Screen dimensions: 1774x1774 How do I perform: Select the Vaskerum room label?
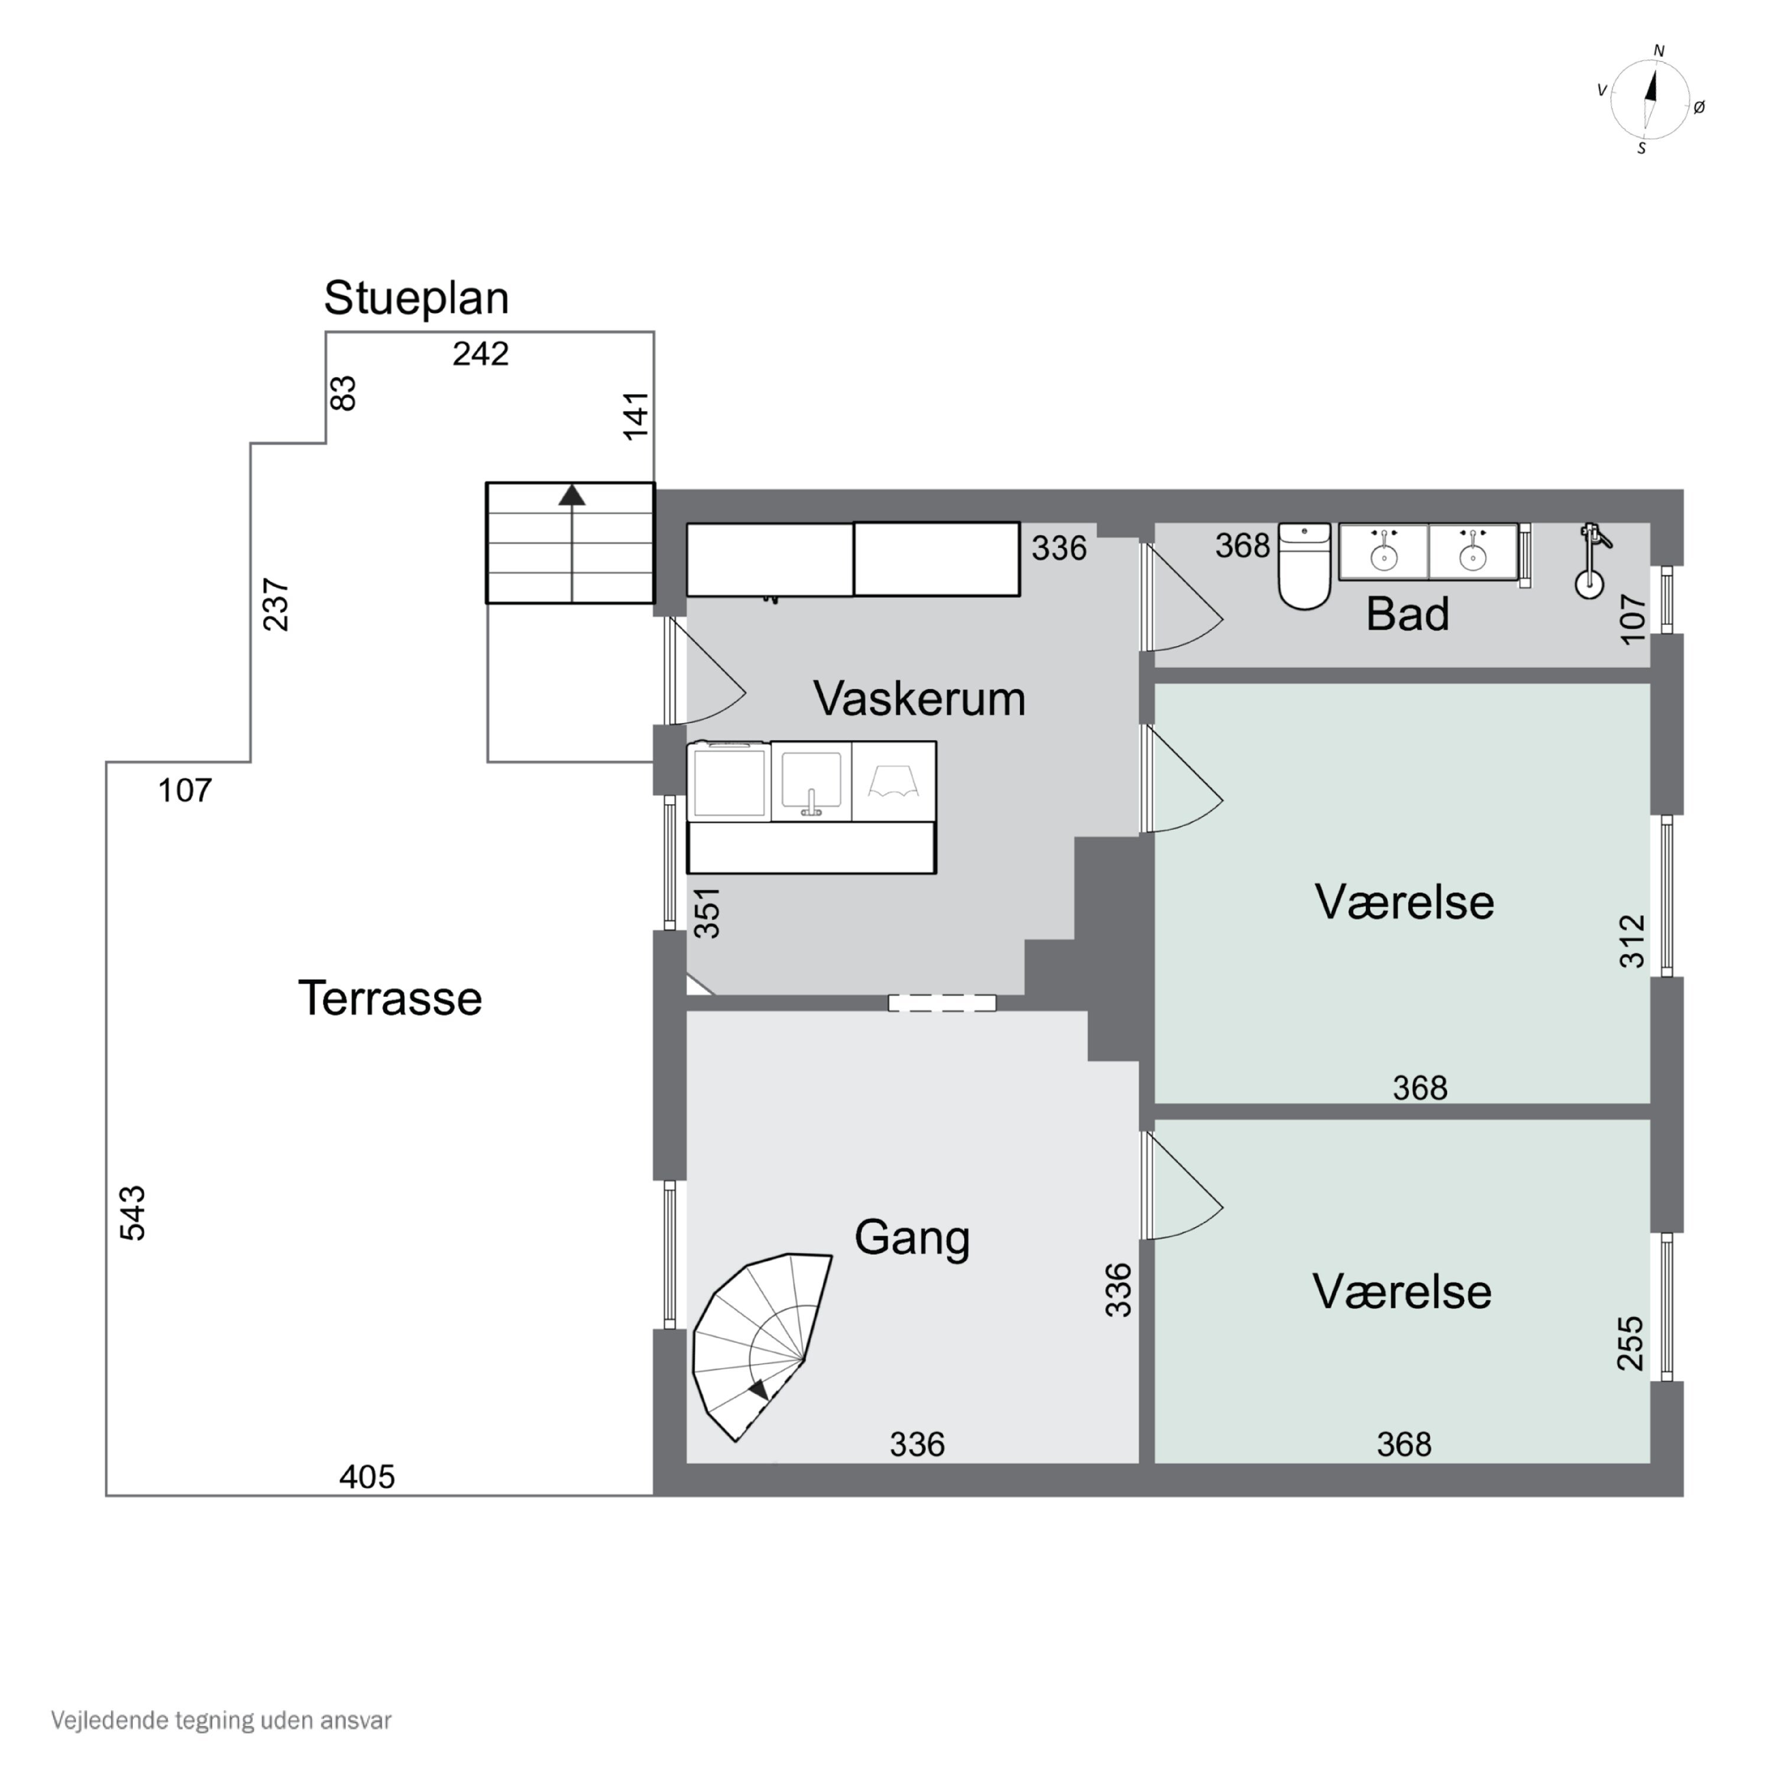point(919,699)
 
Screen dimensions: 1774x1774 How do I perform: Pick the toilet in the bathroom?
point(1304,566)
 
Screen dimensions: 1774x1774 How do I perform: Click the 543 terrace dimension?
point(133,1213)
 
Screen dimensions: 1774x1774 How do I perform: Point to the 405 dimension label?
point(367,1477)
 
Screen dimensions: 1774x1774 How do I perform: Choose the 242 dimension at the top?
point(480,354)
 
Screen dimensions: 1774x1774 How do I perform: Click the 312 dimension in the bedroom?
point(1631,941)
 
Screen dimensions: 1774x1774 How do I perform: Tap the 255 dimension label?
point(1630,1344)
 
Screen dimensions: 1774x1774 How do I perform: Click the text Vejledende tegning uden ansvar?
point(221,1720)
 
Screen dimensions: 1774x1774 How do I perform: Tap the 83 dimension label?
point(342,393)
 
